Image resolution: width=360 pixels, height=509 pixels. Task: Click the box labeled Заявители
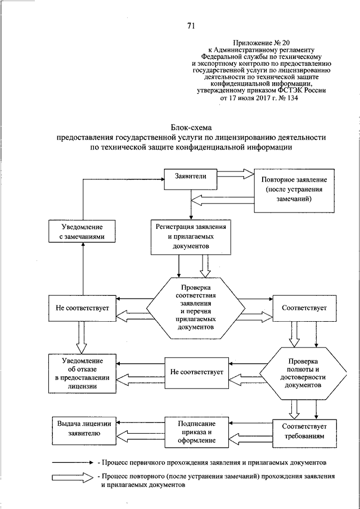coord(191,179)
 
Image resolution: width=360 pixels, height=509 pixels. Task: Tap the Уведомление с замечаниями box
coord(82,231)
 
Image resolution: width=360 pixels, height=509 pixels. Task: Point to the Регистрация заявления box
coord(191,237)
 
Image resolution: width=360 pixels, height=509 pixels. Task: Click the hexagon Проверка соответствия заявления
coord(196,308)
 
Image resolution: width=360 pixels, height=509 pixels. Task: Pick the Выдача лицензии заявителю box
coord(84,428)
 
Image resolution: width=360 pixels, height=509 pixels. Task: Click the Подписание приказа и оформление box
coord(197,432)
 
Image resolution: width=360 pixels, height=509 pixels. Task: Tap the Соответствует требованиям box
coord(304,431)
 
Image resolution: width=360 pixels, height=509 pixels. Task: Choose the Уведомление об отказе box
coord(82,373)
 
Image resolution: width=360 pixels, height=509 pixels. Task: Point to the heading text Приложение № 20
coord(261,43)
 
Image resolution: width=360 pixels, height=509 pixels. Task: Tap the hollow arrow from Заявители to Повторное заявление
coord(235,173)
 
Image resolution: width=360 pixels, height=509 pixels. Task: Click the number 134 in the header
coord(292,98)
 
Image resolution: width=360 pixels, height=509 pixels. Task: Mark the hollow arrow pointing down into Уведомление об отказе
coord(81,337)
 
